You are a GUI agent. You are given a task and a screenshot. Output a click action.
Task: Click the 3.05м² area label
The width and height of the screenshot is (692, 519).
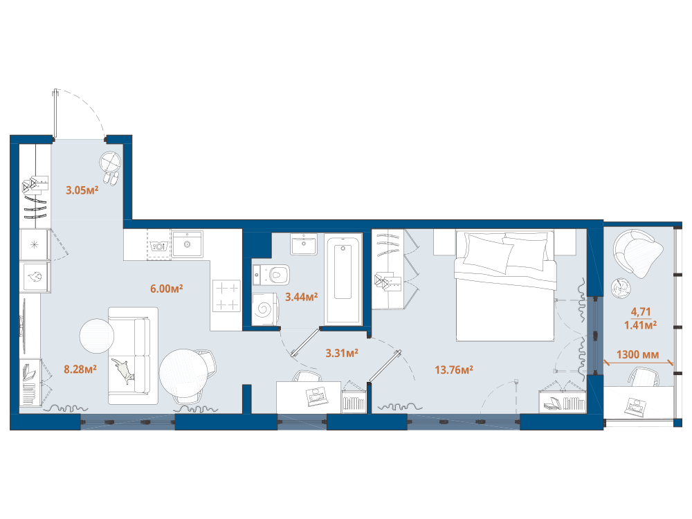tap(82, 190)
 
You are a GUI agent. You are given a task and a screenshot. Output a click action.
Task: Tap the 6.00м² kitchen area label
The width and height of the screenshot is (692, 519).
tap(166, 289)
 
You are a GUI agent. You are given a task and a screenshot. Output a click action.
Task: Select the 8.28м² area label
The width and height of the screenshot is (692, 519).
tap(80, 369)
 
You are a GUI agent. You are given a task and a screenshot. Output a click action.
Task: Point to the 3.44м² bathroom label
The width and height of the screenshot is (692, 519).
tap(302, 297)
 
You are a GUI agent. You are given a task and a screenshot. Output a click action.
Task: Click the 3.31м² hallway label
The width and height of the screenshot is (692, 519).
tap(342, 353)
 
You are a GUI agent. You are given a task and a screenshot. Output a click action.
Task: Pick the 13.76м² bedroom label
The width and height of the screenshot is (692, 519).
tap(454, 370)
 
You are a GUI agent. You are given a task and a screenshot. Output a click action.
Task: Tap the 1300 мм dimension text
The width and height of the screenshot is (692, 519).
tap(638, 354)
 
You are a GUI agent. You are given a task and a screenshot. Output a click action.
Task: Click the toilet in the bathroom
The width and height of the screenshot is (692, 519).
tap(271, 275)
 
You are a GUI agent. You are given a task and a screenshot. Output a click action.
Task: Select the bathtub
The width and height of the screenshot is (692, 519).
tap(343, 279)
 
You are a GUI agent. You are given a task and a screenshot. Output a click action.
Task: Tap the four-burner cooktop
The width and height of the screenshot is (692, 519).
tap(227, 295)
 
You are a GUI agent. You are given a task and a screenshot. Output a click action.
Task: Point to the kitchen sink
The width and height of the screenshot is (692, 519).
tap(187, 244)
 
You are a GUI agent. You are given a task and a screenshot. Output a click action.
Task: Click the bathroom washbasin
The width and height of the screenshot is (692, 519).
tap(304, 244)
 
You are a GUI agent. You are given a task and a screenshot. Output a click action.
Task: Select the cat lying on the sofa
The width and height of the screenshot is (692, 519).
tap(123, 370)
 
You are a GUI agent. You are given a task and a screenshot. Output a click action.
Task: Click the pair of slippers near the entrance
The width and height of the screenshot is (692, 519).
tap(111, 178)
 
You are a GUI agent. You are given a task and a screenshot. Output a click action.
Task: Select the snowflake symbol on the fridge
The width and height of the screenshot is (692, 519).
tap(35, 244)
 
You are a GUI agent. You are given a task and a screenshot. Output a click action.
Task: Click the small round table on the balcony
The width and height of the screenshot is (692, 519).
tap(621, 289)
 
